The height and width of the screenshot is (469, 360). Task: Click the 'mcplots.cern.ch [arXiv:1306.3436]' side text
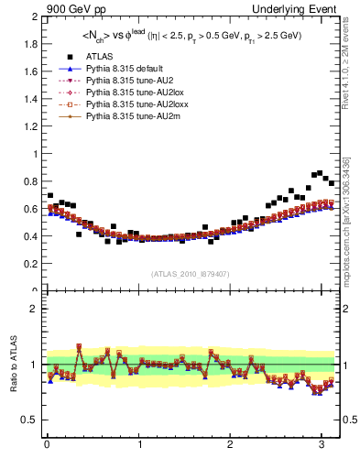point(346,216)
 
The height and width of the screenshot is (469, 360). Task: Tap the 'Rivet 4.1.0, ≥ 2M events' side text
point(346,69)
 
